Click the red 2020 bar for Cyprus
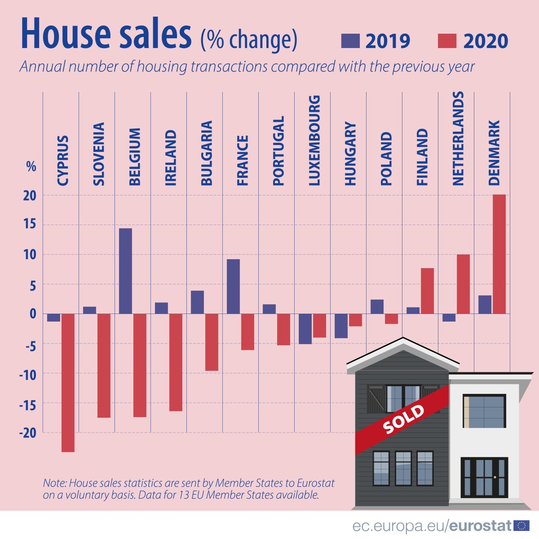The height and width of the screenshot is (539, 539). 68,383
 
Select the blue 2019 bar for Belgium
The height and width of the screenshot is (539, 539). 125,271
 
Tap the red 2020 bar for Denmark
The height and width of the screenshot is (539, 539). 499,254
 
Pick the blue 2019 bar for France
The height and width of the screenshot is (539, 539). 233,286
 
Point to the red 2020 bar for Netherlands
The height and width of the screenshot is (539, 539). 463,284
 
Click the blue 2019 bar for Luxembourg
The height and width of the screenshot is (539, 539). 305,329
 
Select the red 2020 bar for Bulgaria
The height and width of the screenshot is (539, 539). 212,342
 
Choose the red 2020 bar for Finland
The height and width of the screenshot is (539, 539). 427,291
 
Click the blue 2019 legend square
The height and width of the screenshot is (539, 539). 350,41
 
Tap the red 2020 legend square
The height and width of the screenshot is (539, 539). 447,41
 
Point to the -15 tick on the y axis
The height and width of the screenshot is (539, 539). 27,404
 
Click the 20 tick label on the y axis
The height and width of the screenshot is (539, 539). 30,196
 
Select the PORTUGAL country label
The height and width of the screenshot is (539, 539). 278,151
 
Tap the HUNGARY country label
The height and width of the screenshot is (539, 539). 350,154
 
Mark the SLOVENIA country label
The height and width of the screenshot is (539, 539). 99,154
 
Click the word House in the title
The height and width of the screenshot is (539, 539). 66,35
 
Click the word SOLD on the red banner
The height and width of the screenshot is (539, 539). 403,420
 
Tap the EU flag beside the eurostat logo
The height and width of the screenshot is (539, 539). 522,525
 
